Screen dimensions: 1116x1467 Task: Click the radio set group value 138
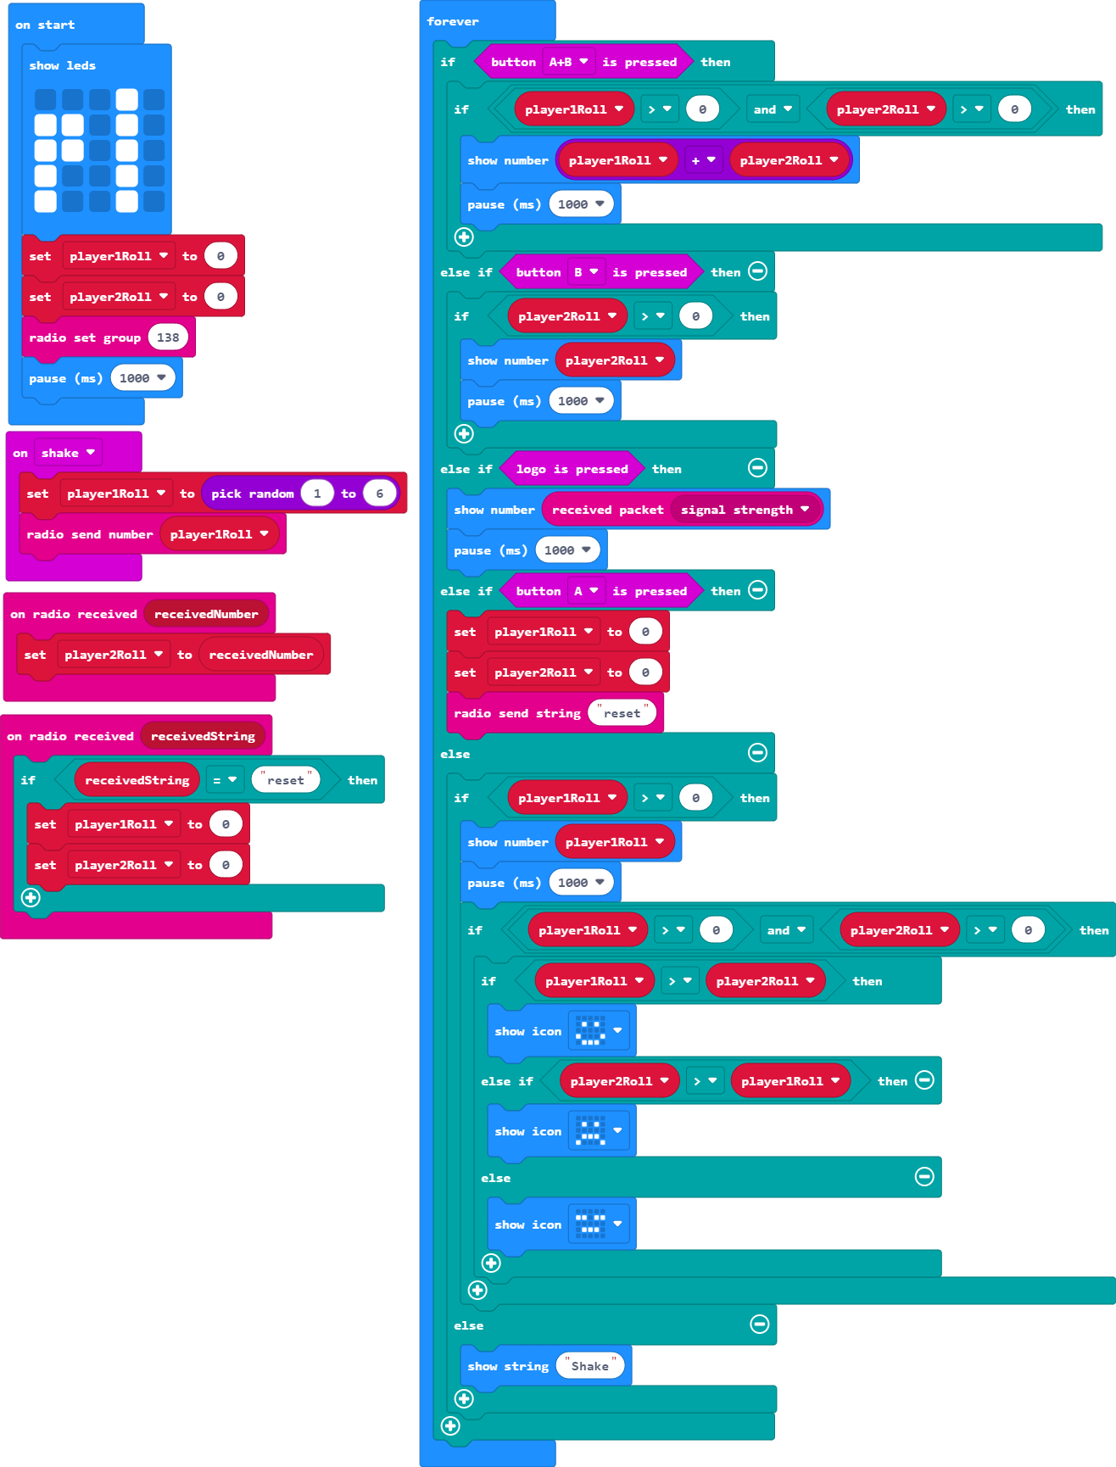pyautogui.click(x=168, y=337)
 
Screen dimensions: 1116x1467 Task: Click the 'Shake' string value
pyautogui.click(x=590, y=1366)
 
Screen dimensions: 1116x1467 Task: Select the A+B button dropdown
pyautogui.click(x=568, y=62)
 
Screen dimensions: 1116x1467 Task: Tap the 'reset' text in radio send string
pyautogui.click(x=622, y=713)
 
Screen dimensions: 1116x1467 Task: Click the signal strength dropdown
pyautogui.click(x=745, y=510)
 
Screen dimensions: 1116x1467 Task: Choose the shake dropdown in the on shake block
pyautogui.click(x=68, y=453)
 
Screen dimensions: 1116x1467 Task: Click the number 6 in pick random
pyautogui.click(x=380, y=494)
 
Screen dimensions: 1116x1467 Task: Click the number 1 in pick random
pyautogui.click(x=317, y=494)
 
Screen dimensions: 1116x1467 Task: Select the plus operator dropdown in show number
pyautogui.click(x=704, y=160)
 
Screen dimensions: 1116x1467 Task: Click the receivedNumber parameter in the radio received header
pyautogui.click(x=206, y=614)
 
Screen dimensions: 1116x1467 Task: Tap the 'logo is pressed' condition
pyautogui.click(x=572, y=469)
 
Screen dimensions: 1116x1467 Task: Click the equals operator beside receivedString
pyautogui.click(x=225, y=780)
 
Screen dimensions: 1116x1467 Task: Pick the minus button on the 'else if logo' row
pyautogui.click(x=758, y=467)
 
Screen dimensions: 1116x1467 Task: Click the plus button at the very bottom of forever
pyautogui.click(x=451, y=1425)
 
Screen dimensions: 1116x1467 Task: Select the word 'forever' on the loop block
pyautogui.click(x=453, y=21)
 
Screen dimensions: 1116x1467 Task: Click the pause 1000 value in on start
pyautogui.click(x=142, y=378)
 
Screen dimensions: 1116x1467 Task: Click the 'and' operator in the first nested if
pyautogui.click(x=773, y=109)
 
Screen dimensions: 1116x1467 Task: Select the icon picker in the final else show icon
pyautogui.click(x=599, y=1224)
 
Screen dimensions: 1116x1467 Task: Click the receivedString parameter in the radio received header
pyautogui.click(x=203, y=736)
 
